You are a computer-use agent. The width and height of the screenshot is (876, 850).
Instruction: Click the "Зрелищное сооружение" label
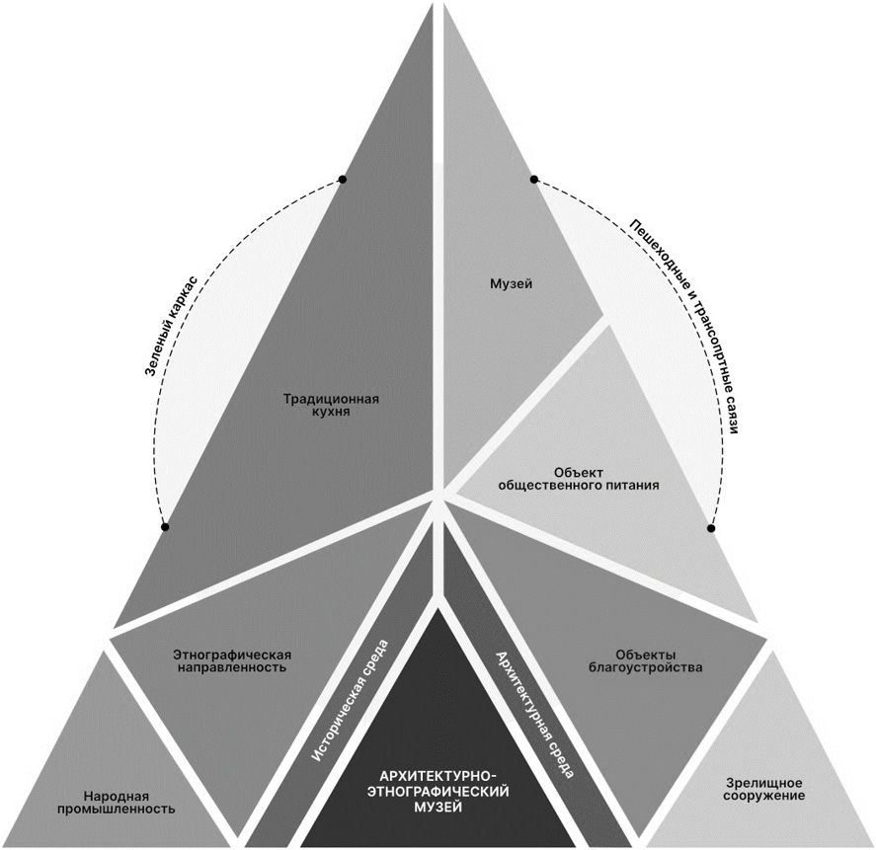758,787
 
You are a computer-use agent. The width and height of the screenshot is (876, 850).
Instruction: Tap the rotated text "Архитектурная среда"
533,713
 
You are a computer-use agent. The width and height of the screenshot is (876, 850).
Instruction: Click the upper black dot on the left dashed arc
342,179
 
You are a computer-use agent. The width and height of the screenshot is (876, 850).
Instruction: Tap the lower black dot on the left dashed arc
165,527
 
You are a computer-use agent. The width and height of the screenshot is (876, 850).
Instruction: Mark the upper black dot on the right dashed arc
533,180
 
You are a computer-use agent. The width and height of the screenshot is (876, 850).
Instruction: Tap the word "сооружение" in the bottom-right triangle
758,795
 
